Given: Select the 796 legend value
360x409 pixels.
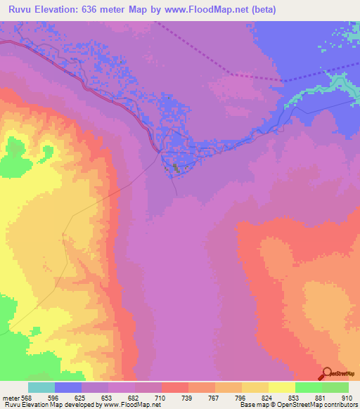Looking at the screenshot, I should coord(240,397).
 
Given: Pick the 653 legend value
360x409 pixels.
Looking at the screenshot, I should coord(107,397).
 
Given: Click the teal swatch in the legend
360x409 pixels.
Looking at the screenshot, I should coord(41,387).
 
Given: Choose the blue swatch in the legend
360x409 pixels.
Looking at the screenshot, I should coord(68,387).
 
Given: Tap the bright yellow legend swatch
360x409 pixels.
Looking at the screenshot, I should coord(282,387).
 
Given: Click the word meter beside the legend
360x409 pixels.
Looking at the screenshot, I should coord(9,397).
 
